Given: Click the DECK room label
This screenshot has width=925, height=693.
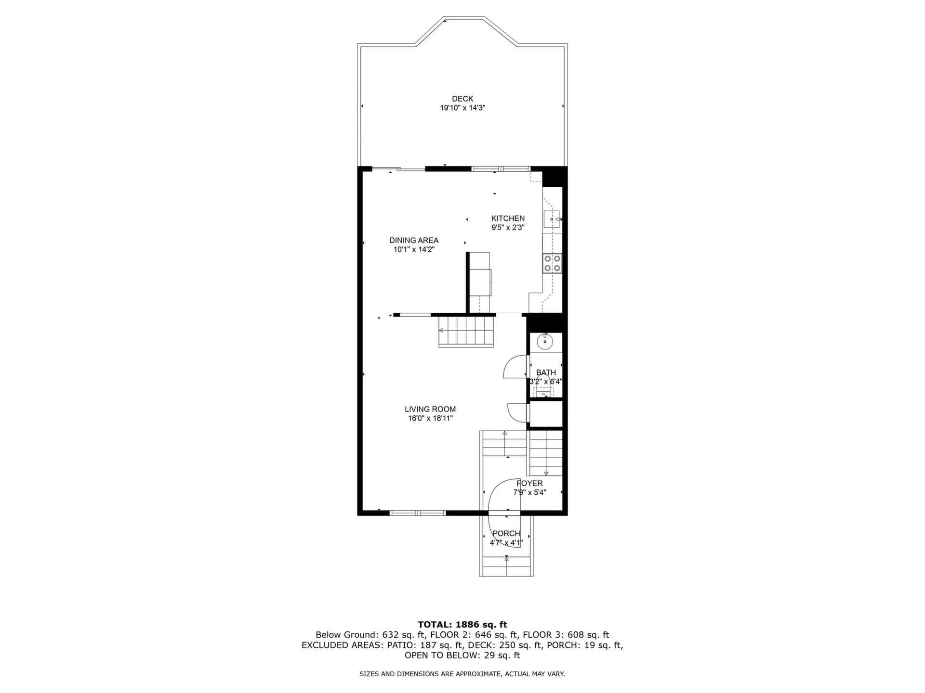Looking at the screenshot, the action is pos(462,99).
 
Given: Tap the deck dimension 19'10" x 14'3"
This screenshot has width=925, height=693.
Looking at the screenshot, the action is pos(462,108).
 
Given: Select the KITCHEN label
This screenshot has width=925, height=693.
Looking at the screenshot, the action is pos(508,218).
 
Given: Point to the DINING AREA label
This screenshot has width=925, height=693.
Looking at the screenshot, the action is pos(414,240).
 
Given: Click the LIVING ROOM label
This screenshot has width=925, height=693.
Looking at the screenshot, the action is pos(430,410).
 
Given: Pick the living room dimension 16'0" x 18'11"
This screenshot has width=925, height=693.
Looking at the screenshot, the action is pos(430,419).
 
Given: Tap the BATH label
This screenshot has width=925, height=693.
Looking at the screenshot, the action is pos(546,372).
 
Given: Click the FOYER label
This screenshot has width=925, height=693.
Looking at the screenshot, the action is pos(529,484).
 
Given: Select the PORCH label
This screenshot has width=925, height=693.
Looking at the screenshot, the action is pos(506,534).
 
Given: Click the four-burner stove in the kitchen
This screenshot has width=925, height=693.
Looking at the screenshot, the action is pos(552,263).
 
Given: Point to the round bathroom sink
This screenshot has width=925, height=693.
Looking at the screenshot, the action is pos(545,342).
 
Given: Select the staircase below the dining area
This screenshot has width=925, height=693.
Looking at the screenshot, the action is pos(466,331).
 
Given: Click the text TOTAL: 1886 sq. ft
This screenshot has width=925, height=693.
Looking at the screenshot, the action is pos(462,625).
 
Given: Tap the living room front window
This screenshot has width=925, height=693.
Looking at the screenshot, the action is pos(418,513).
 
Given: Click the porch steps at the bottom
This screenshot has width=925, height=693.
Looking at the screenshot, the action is pos(506,566).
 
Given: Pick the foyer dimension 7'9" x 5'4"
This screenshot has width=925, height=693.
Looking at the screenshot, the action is pos(529,493).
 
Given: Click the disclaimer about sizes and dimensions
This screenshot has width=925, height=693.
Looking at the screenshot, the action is pos(462,674).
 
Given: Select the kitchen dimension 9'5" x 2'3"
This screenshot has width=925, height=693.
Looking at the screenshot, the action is pos(508,228).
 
